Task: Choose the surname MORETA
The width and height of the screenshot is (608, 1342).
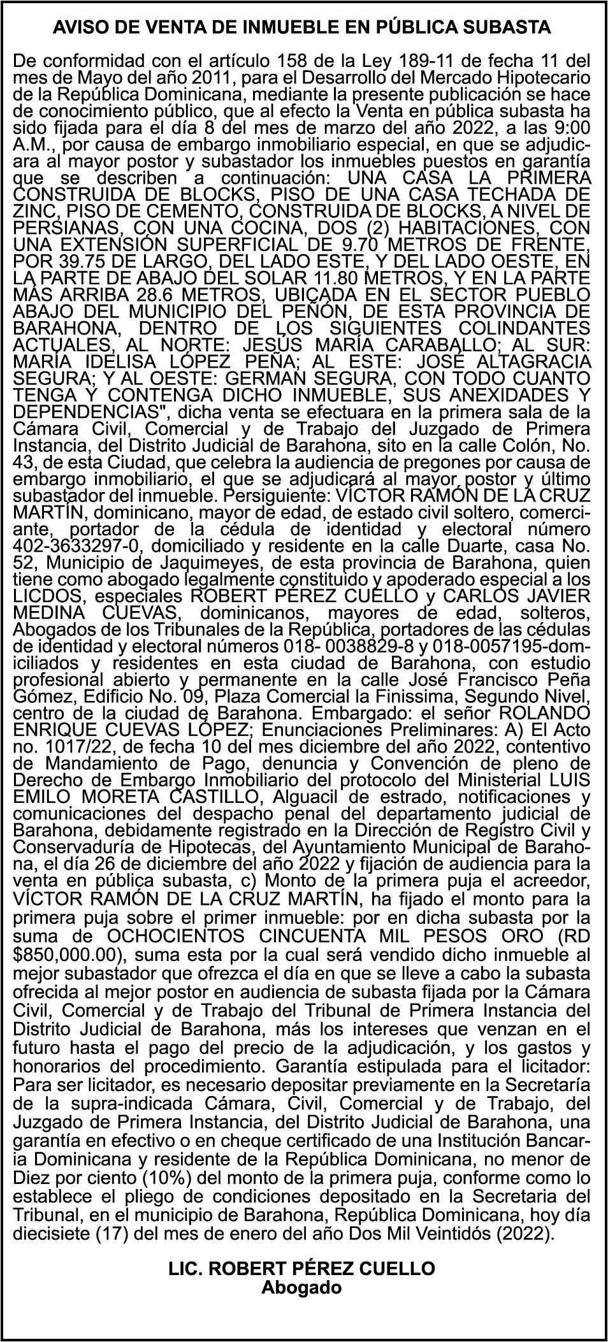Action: (119, 795)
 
